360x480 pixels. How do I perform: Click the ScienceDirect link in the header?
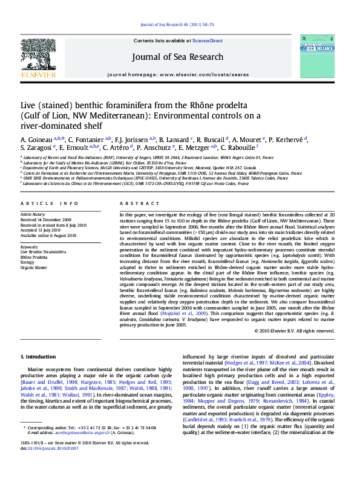click(208, 41)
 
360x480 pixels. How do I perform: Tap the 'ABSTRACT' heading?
click(136, 203)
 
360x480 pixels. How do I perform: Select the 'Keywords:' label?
click(29, 247)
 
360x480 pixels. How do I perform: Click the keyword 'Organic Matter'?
click(34, 267)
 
